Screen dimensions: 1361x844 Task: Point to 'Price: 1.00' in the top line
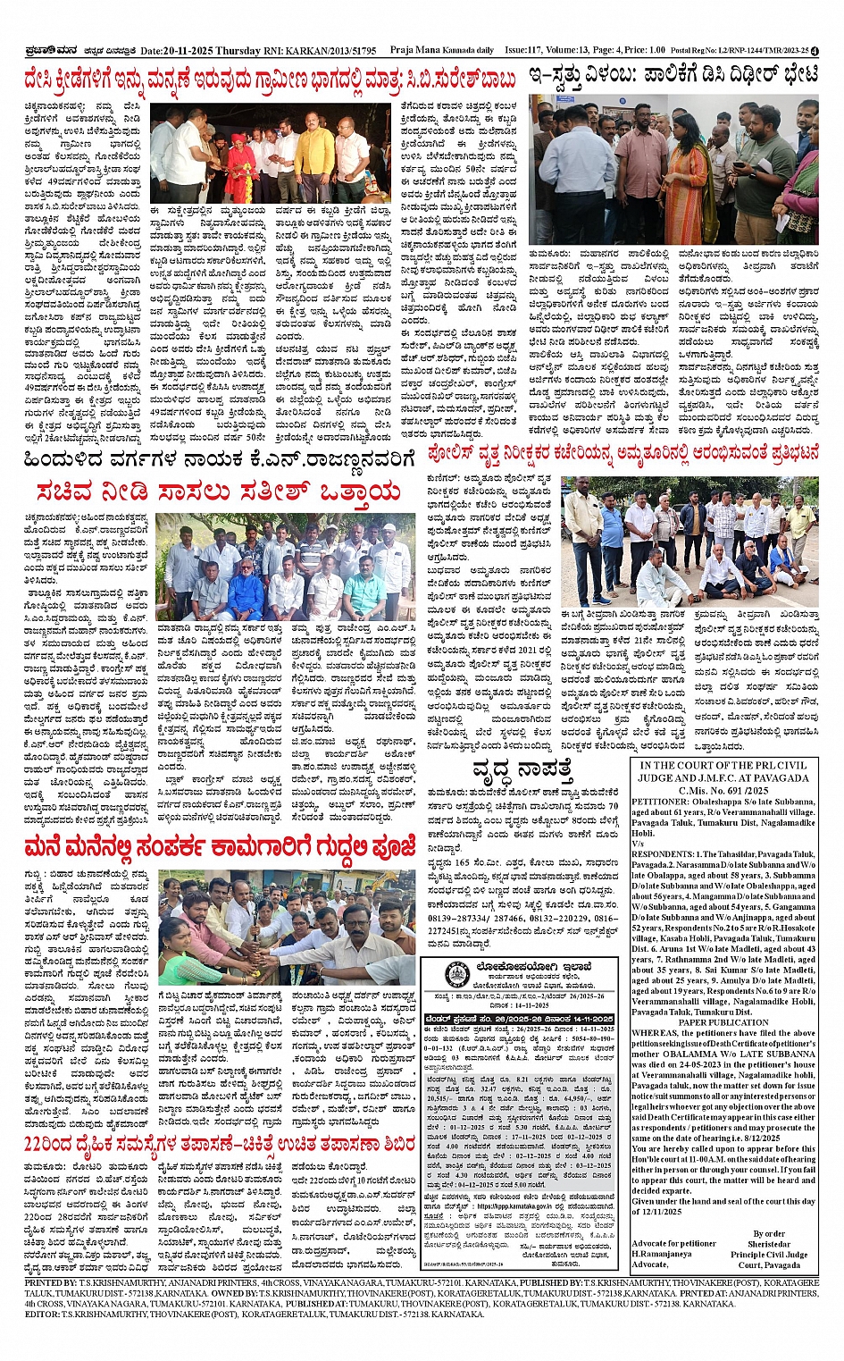click(644, 51)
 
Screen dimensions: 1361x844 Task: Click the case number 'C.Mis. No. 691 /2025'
click(723, 790)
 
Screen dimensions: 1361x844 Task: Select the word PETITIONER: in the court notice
click(660, 802)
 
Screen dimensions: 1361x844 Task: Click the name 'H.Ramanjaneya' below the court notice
click(661, 1254)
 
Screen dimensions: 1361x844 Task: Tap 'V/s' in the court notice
click(638, 844)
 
